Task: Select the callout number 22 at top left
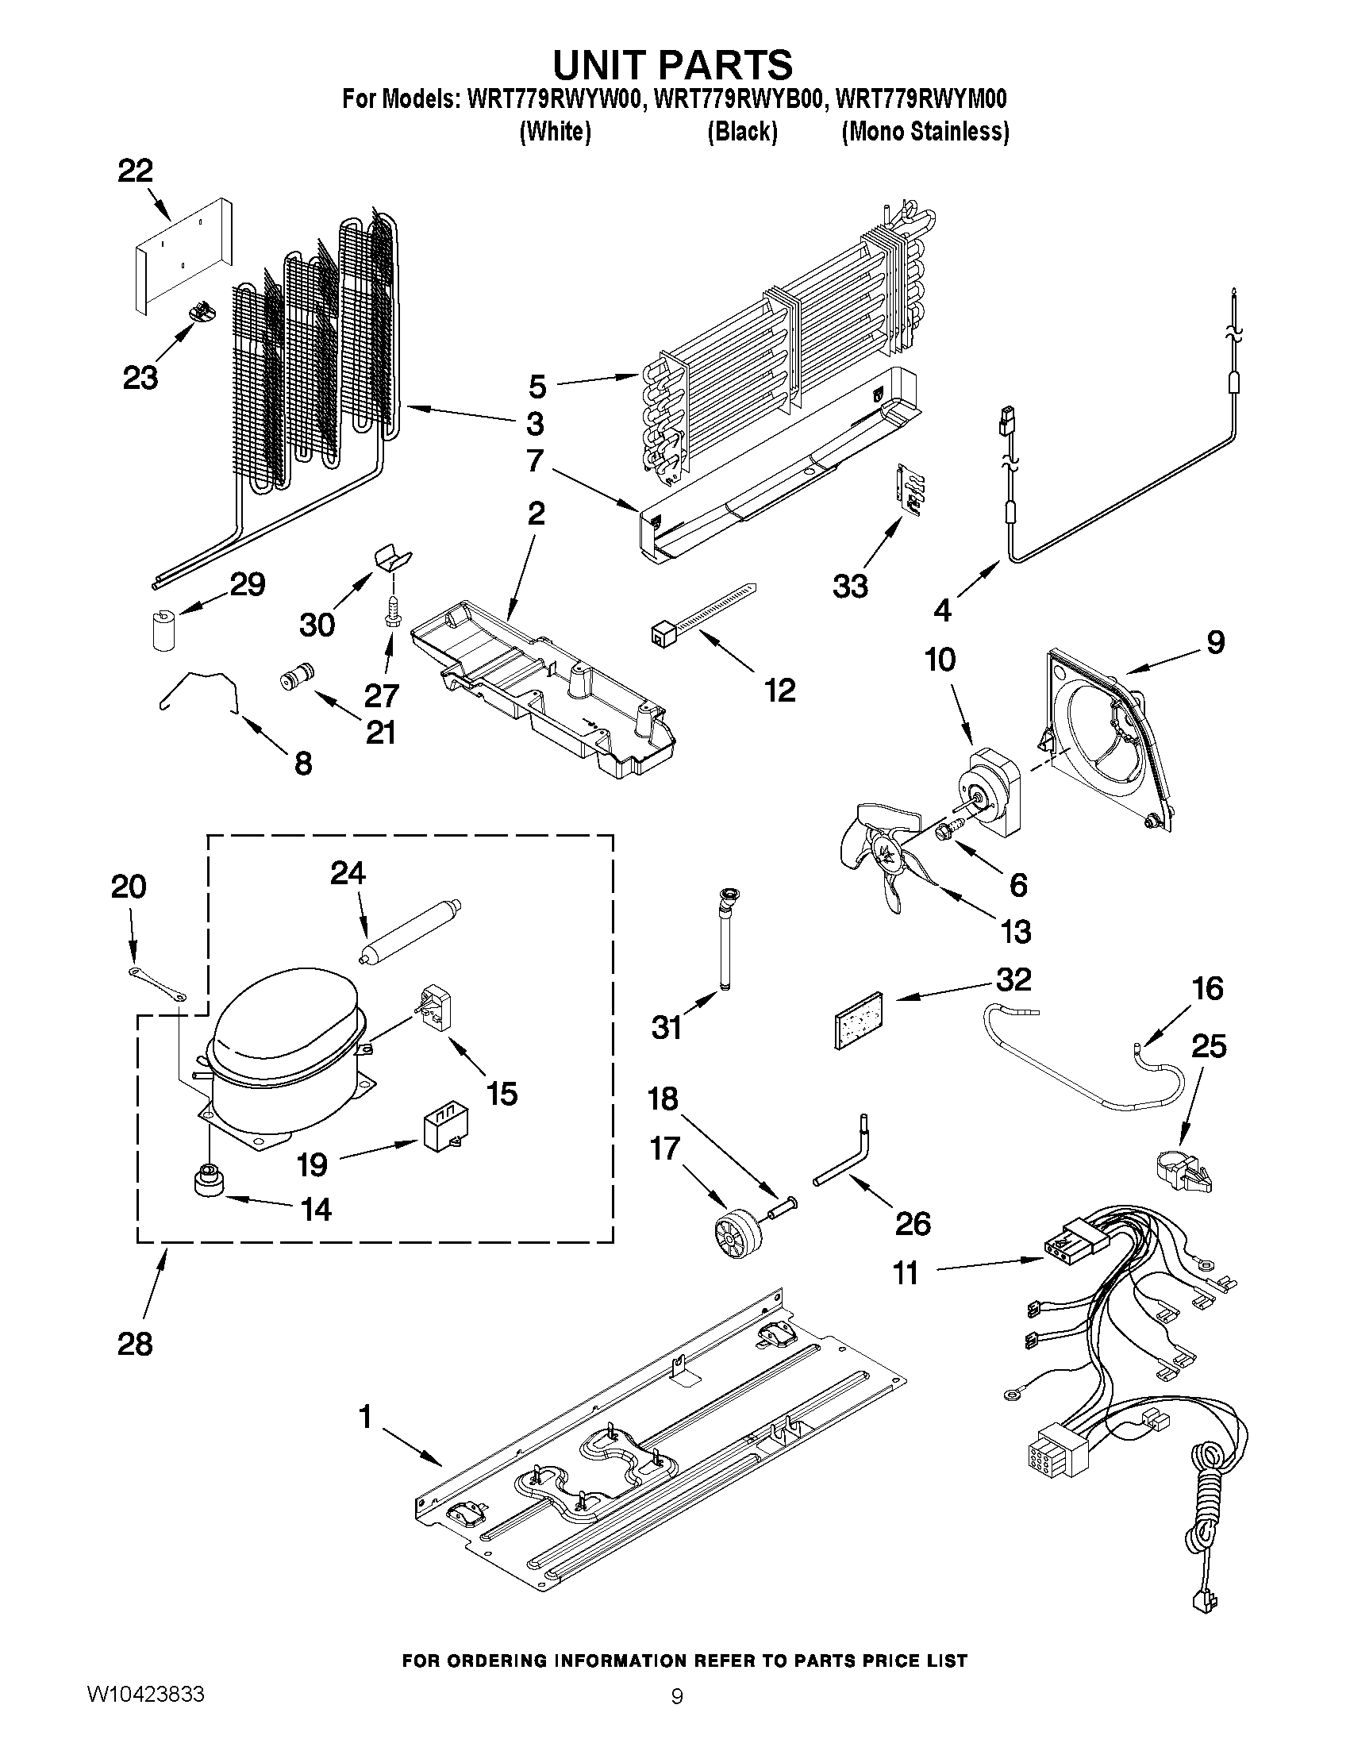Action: (x=135, y=171)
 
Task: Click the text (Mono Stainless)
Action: (x=925, y=131)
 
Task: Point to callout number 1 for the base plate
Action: (x=365, y=1418)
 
